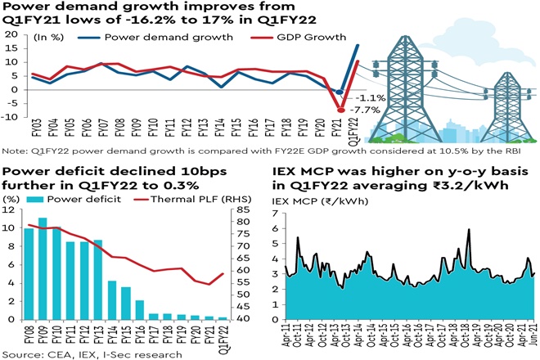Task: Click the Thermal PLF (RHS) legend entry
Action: [186, 199]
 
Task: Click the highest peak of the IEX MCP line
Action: [469, 230]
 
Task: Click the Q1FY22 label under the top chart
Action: [354, 133]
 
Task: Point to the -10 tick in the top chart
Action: [11, 117]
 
